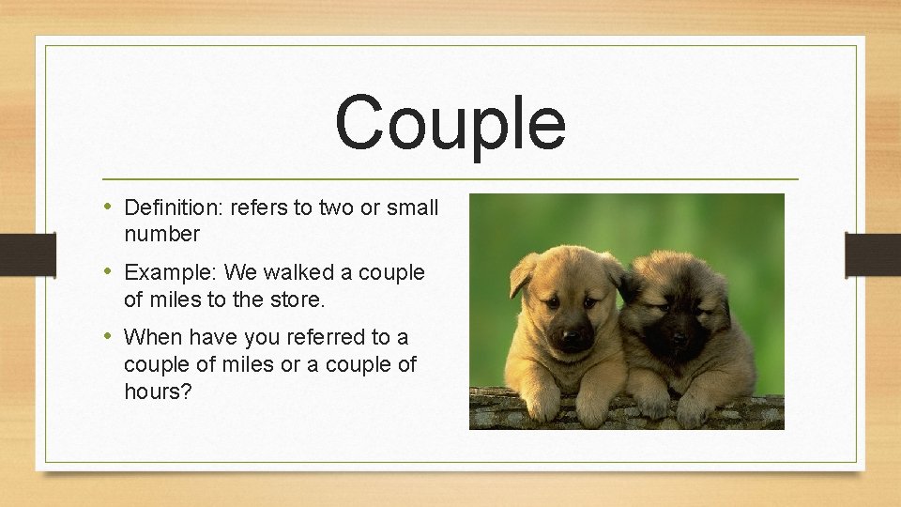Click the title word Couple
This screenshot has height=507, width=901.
[450, 124]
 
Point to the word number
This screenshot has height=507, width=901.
[161, 234]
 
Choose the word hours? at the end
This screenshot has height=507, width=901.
[158, 391]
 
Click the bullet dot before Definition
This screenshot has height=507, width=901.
[109, 207]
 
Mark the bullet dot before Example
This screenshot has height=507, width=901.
[109, 272]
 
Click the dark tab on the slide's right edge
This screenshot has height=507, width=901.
[872, 254]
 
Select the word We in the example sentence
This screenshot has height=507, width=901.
[241, 273]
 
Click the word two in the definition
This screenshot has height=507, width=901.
[335, 207]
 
